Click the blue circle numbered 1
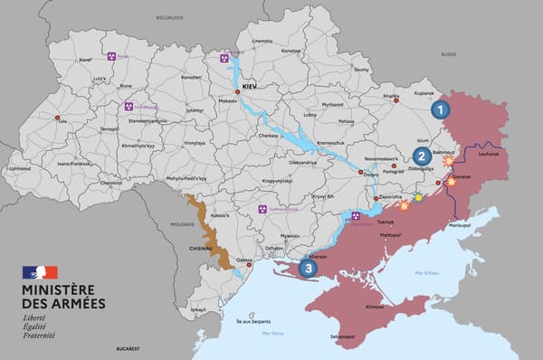point(440,110)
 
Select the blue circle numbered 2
point(422,156)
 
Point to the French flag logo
point(40,272)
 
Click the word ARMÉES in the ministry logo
point(71,303)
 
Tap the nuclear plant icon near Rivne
point(110,56)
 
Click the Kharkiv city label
point(391,96)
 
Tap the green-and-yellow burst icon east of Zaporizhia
point(418,197)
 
